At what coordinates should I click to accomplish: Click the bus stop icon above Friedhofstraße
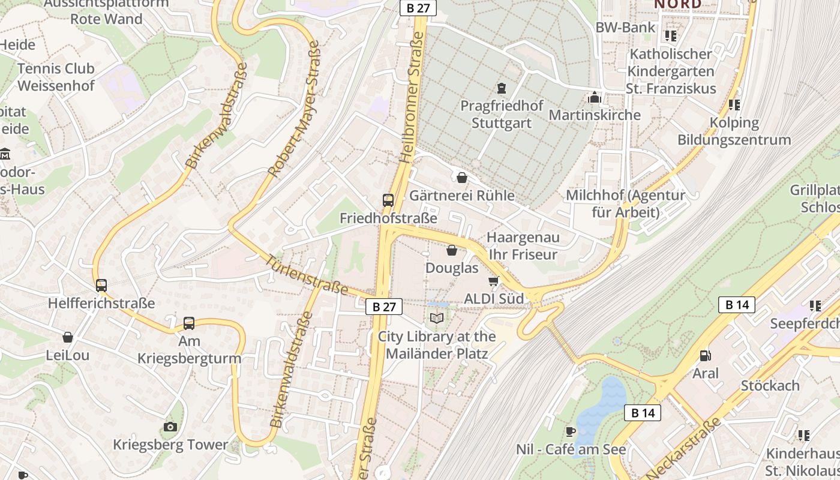coord(388,200)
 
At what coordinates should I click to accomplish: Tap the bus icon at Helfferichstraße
coord(101,286)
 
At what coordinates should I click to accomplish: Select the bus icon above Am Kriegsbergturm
coord(189,323)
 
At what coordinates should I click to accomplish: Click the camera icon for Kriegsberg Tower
coord(170,427)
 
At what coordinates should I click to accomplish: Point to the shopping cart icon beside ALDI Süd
coord(494,281)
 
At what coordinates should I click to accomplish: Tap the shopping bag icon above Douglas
coord(452,250)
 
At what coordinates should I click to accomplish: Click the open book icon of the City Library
coord(437,319)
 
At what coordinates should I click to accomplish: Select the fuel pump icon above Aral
coord(705,356)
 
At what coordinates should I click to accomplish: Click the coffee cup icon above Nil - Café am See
coord(571,431)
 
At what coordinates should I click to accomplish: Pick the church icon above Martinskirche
coord(595,97)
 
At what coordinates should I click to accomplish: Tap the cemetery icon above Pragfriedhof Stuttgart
coord(502,88)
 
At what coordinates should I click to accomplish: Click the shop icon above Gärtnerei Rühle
coord(462,178)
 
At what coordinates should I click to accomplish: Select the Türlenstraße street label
coord(307,275)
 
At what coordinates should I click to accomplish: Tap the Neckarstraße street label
coord(683,448)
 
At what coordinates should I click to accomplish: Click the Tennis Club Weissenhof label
coord(56,77)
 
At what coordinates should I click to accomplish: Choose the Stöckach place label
coord(770,385)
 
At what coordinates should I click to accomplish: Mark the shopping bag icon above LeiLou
coord(68,337)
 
